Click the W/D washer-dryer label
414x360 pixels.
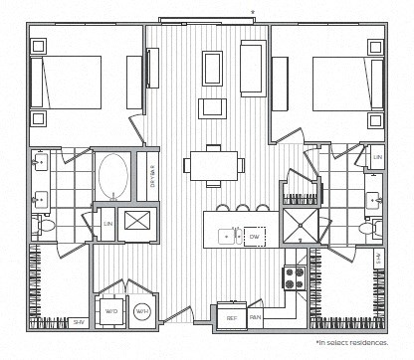click(x=109, y=310)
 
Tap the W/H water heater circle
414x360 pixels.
click(x=141, y=310)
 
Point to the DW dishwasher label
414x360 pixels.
click(x=254, y=237)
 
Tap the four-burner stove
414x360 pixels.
click(x=294, y=276)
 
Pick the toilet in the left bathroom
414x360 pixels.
click(x=45, y=227)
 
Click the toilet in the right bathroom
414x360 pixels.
click(x=368, y=228)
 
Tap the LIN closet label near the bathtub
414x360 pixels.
click(x=106, y=224)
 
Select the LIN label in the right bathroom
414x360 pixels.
click(x=377, y=158)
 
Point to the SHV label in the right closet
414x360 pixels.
click(x=377, y=260)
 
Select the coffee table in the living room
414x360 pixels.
click(x=214, y=71)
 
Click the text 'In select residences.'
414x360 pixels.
click(x=352, y=342)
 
